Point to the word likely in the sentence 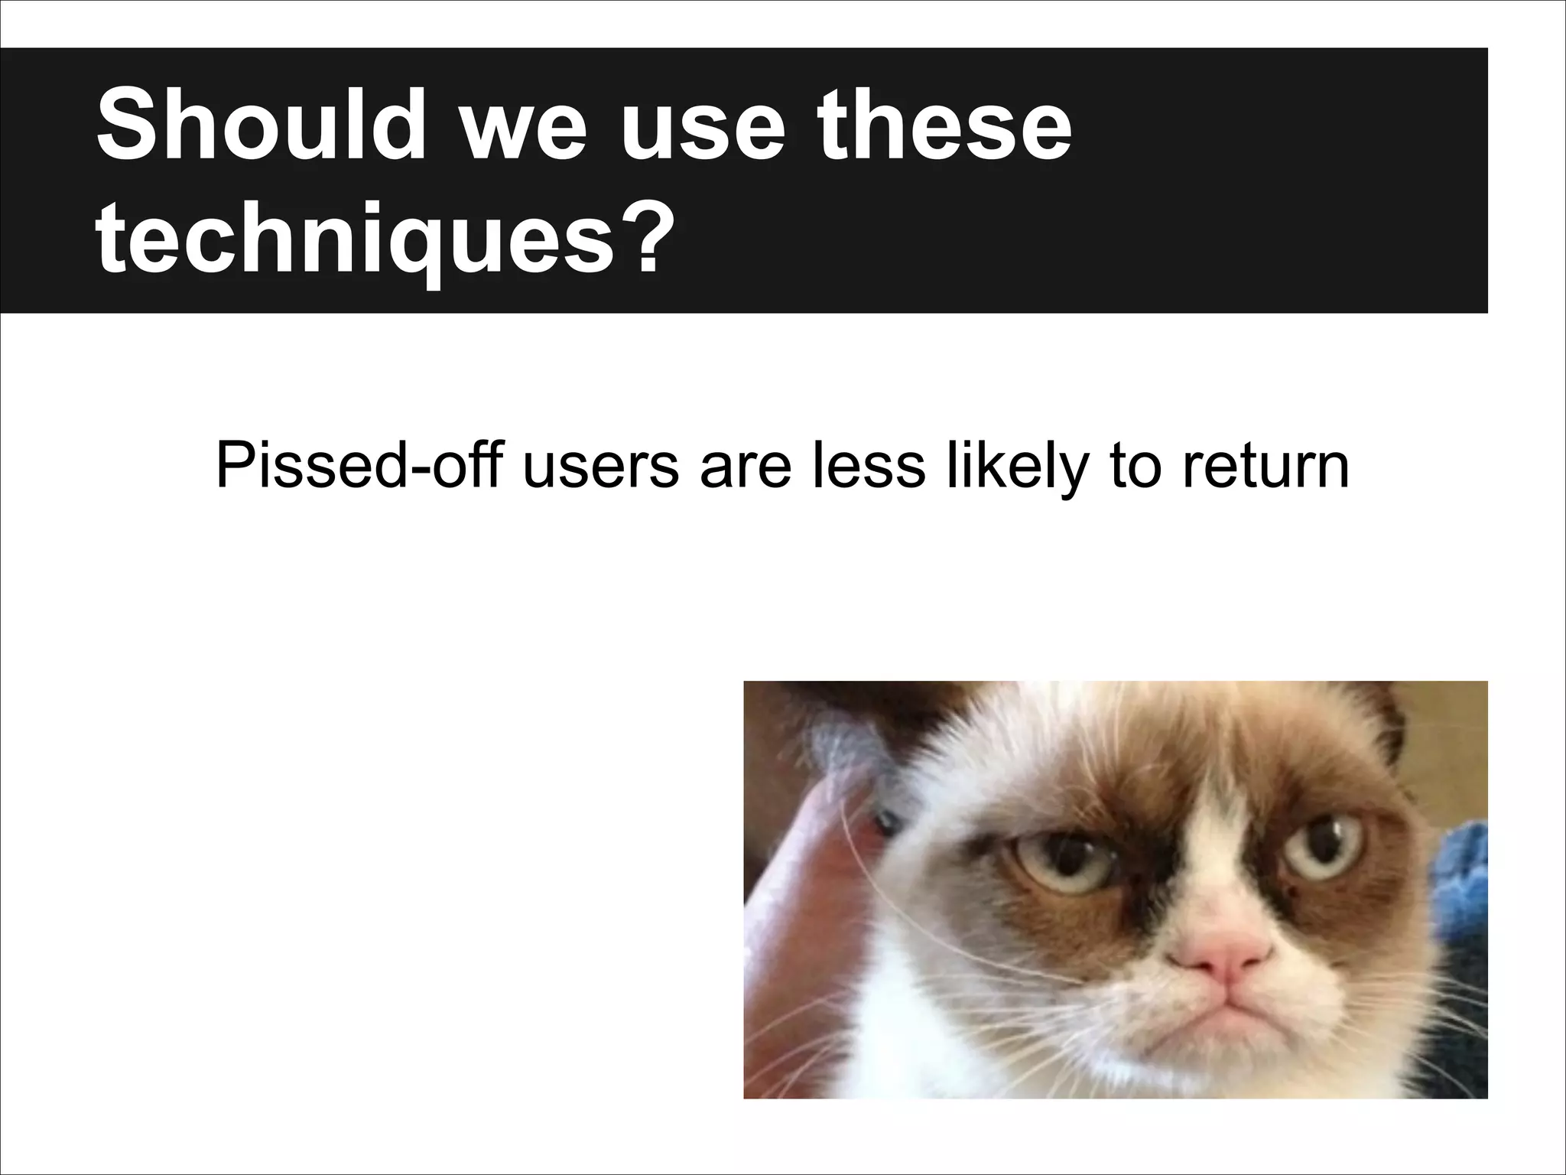click(x=1016, y=467)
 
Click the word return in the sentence click(x=1265, y=467)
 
